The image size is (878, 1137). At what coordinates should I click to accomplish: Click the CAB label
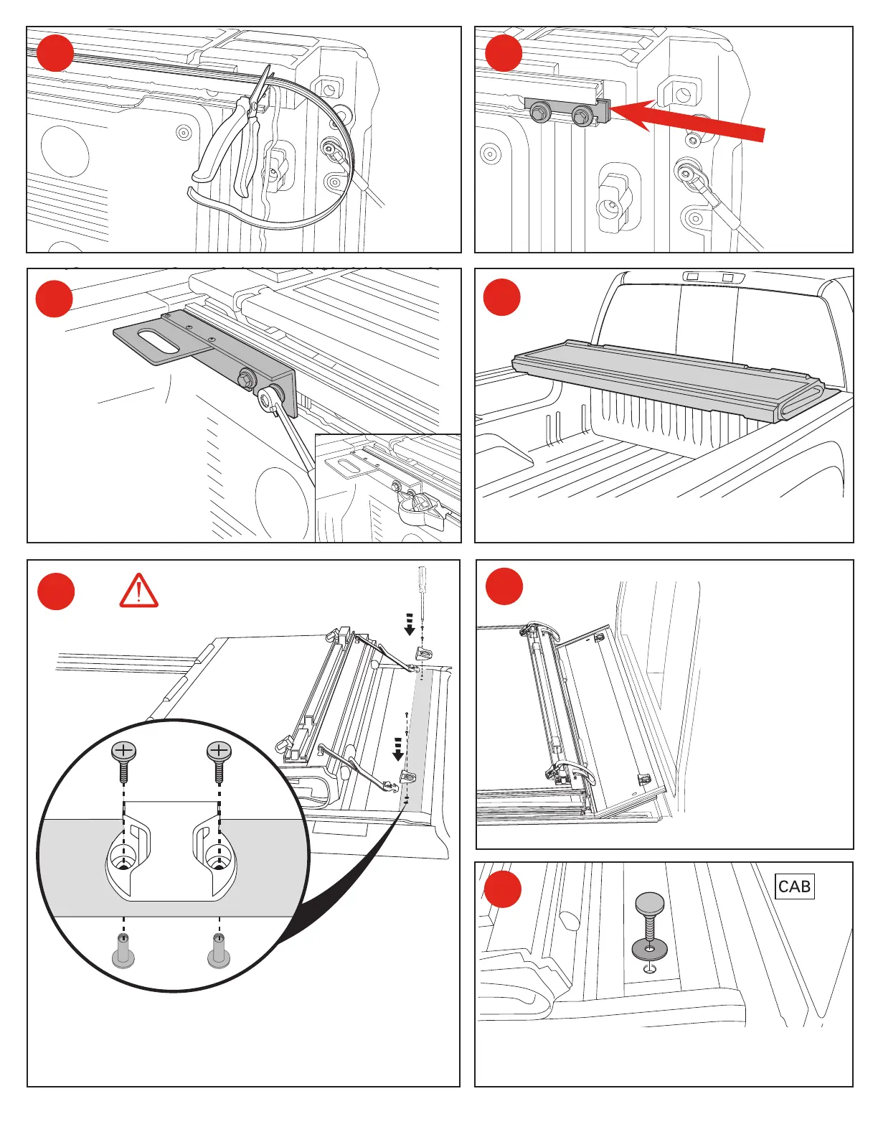pos(794,886)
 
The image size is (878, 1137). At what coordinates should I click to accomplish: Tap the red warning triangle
pos(139,591)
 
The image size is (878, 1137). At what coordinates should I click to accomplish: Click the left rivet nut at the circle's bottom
pos(123,950)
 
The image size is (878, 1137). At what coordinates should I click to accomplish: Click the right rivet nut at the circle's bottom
pos(219,950)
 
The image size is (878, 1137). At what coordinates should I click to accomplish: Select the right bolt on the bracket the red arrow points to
pos(581,114)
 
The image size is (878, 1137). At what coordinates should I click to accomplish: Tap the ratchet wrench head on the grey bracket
pos(270,399)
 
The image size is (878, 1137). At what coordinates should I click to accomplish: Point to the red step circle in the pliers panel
pos(55,54)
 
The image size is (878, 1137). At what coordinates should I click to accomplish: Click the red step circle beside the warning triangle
pos(56,591)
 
